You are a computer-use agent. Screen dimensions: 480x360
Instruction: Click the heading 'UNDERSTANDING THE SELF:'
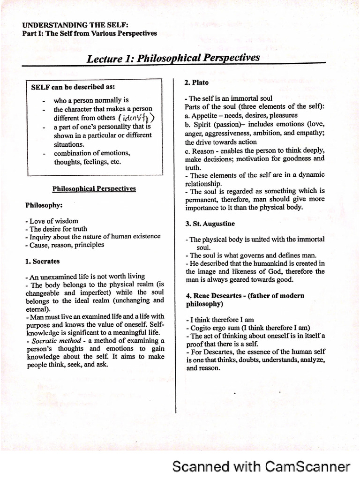point(75,25)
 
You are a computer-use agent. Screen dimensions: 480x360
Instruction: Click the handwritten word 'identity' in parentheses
point(136,118)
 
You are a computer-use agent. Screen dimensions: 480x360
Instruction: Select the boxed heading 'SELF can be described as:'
point(73,87)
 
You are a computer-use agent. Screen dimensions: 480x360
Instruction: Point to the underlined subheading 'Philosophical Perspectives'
point(94,188)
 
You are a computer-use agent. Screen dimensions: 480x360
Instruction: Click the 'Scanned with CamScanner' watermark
point(261,466)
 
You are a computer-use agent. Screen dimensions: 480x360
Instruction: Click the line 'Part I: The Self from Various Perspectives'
point(90,33)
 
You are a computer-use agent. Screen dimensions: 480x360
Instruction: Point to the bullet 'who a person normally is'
point(91,100)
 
